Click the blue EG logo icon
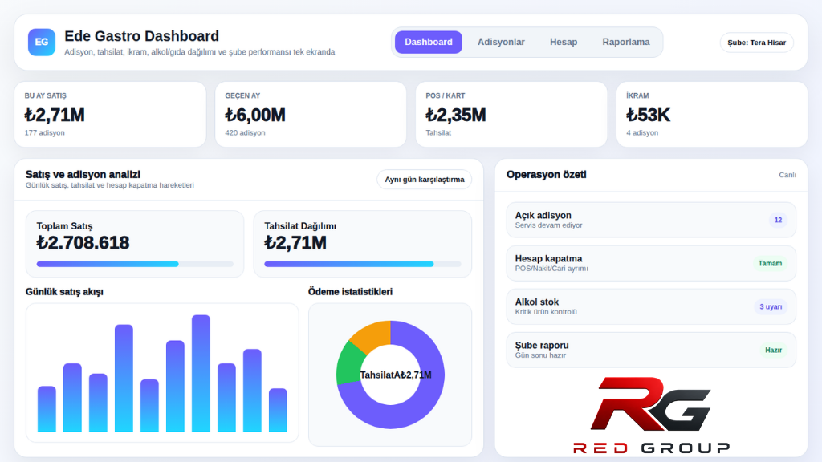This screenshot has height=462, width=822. pyautogui.click(x=42, y=42)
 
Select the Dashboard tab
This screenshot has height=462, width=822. pyautogui.click(x=429, y=42)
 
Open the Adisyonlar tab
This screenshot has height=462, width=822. pyautogui.click(x=501, y=42)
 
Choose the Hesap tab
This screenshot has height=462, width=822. pyautogui.click(x=563, y=42)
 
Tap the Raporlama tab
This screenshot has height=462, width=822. pyautogui.click(x=626, y=42)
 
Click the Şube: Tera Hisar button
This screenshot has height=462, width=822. pyautogui.click(x=756, y=43)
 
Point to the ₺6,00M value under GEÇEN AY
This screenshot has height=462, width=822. pyautogui.click(x=255, y=115)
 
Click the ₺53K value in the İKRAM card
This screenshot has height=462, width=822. pyautogui.click(x=648, y=115)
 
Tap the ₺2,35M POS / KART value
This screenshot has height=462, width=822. pyautogui.click(x=456, y=115)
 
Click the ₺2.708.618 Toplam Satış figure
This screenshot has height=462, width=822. pyautogui.click(x=83, y=242)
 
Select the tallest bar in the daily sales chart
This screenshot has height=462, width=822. pyautogui.click(x=201, y=373)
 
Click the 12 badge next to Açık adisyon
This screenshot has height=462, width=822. pyautogui.click(x=778, y=220)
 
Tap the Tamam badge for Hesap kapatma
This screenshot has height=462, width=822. pyautogui.click(x=770, y=263)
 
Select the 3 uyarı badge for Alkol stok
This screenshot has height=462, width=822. pyautogui.click(x=771, y=307)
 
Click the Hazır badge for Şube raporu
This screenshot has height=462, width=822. pyautogui.click(x=773, y=350)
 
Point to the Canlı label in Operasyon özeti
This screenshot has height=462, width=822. pyautogui.click(x=787, y=175)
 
